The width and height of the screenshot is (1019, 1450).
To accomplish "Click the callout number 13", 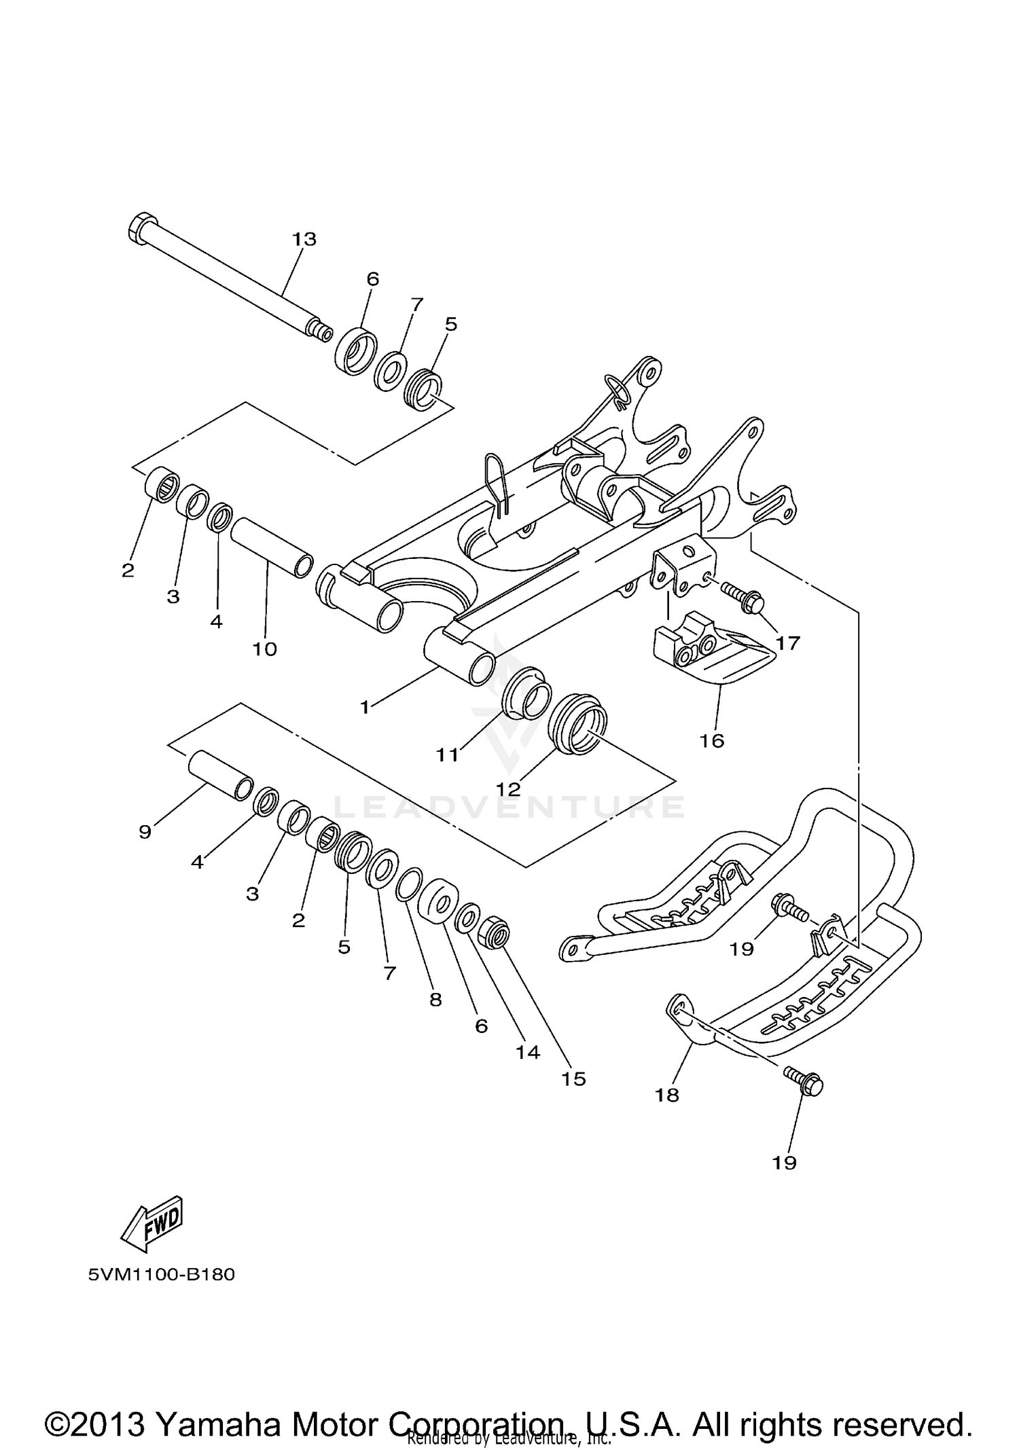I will pyautogui.click(x=304, y=239).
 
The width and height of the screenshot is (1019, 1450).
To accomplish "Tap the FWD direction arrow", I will pyautogui.click(x=152, y=1224).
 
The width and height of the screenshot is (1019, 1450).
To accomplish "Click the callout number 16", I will pyautogui.click(x=712, y=740).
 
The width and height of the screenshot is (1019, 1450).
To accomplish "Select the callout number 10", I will pyautogui.click(x=265, y=649).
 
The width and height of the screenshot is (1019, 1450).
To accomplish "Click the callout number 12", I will pyautogui.click(x=508, y=789).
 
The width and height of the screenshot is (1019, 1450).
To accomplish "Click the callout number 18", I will pyautogui.click(x=667, y=1095).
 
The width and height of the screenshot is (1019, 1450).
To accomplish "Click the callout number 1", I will pyautogui.click(x=365, y=707).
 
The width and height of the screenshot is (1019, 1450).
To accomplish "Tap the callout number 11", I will pyautogui.click(x=447, y=754).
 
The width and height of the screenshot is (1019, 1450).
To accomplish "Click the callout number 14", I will pyautogui.click(x=527, y=1052).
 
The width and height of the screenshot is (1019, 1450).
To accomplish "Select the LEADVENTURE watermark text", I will pyautogui.click(x=509, y=807).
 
